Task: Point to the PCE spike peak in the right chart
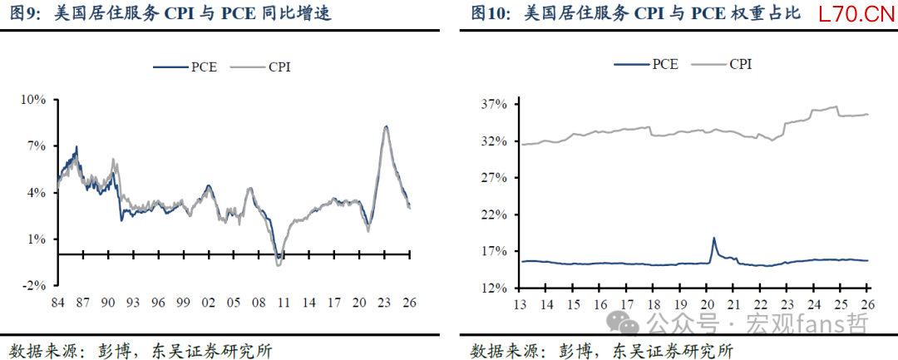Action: pos(713,238)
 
